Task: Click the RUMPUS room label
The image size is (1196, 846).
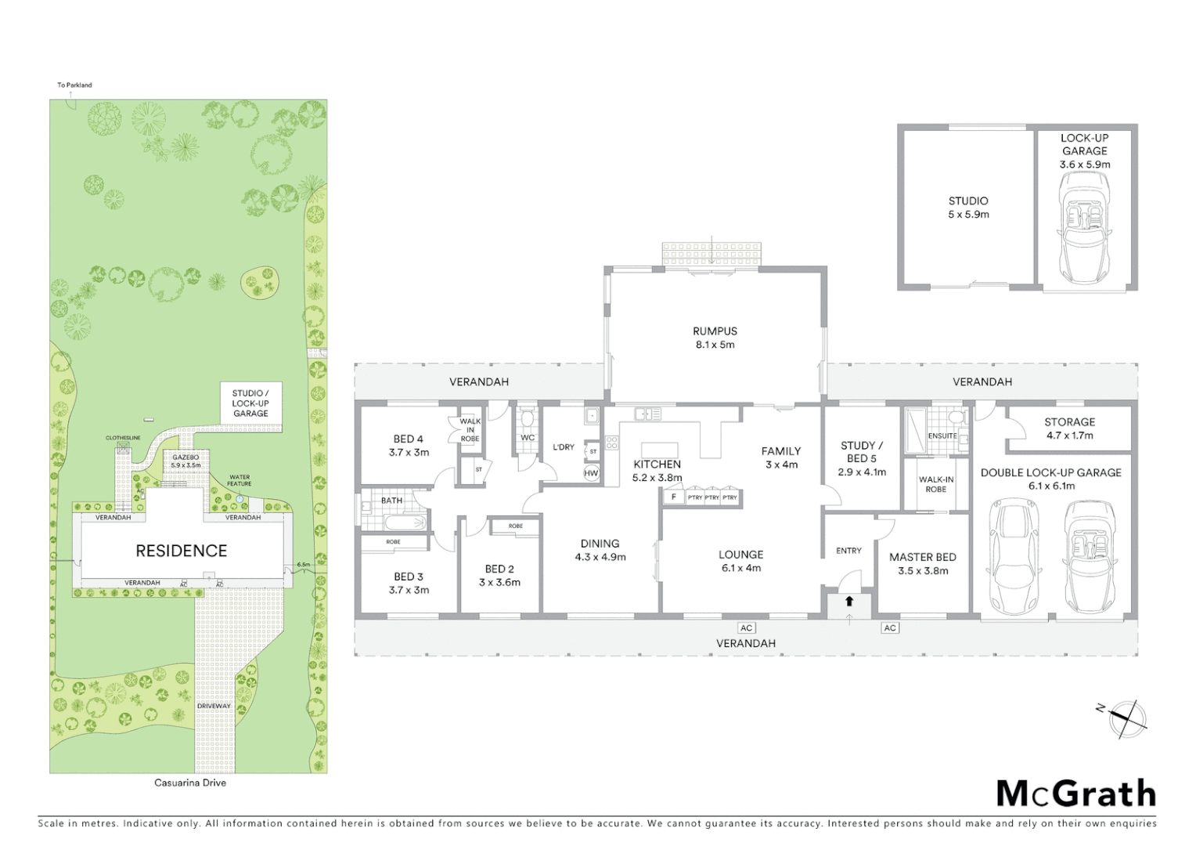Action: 715,338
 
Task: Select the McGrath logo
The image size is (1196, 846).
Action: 1076,794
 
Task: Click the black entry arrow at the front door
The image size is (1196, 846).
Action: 849,602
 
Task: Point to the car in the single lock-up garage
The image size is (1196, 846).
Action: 1084,226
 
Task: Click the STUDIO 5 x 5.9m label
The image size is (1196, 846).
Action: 968,208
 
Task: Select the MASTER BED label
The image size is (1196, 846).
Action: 922,563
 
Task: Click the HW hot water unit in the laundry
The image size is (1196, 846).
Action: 591,473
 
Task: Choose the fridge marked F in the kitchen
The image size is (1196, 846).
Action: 672,497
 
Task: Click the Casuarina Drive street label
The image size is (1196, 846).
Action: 191,783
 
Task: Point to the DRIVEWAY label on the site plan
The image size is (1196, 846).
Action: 214,706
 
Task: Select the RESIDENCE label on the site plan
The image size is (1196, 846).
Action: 182,551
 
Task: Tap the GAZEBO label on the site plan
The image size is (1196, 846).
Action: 186,461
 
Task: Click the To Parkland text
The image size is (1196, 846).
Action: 74,85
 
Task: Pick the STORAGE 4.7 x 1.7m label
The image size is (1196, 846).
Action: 1069,428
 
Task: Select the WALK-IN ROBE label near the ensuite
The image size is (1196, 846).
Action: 935,484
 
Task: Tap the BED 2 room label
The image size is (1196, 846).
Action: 499,576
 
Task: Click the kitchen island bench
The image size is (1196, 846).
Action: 659,450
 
